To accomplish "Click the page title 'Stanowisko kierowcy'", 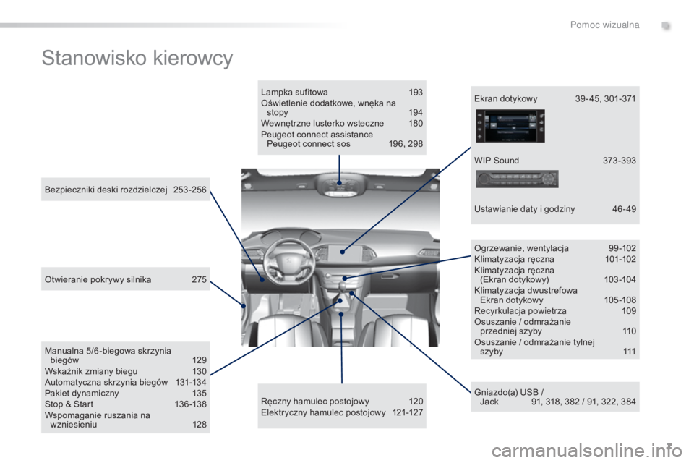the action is click(x=137, y=59).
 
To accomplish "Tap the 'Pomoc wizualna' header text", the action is click(x=604, y=25).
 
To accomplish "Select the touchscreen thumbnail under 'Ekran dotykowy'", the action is click(x=510, y=127).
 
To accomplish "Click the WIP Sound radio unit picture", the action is click(x=516, y=179).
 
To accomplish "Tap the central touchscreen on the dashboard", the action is click(x=344, y=252).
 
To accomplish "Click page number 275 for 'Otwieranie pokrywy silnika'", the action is click(x=200, y=279).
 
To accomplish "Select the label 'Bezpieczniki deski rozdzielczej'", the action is click(x=106, y=190).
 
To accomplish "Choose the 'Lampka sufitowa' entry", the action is click(x=294, y=92).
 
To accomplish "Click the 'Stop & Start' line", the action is click(x=69, y=404).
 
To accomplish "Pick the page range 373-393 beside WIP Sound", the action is click(x=620, y=161).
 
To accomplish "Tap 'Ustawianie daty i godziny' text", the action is click(x=525, y=208).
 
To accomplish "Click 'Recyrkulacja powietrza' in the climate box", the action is click(x=520, y=310).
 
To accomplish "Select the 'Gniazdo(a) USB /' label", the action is click(x=509, y=392).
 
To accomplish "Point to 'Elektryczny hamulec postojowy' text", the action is click(x=323, y=412).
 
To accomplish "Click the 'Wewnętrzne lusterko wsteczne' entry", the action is click(x=322, y=123).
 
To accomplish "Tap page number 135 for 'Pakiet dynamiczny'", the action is click(x=200, y=393).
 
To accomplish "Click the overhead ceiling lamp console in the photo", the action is click(x=340, y=184).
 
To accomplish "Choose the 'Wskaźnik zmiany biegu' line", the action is click(x=91, y=371).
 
